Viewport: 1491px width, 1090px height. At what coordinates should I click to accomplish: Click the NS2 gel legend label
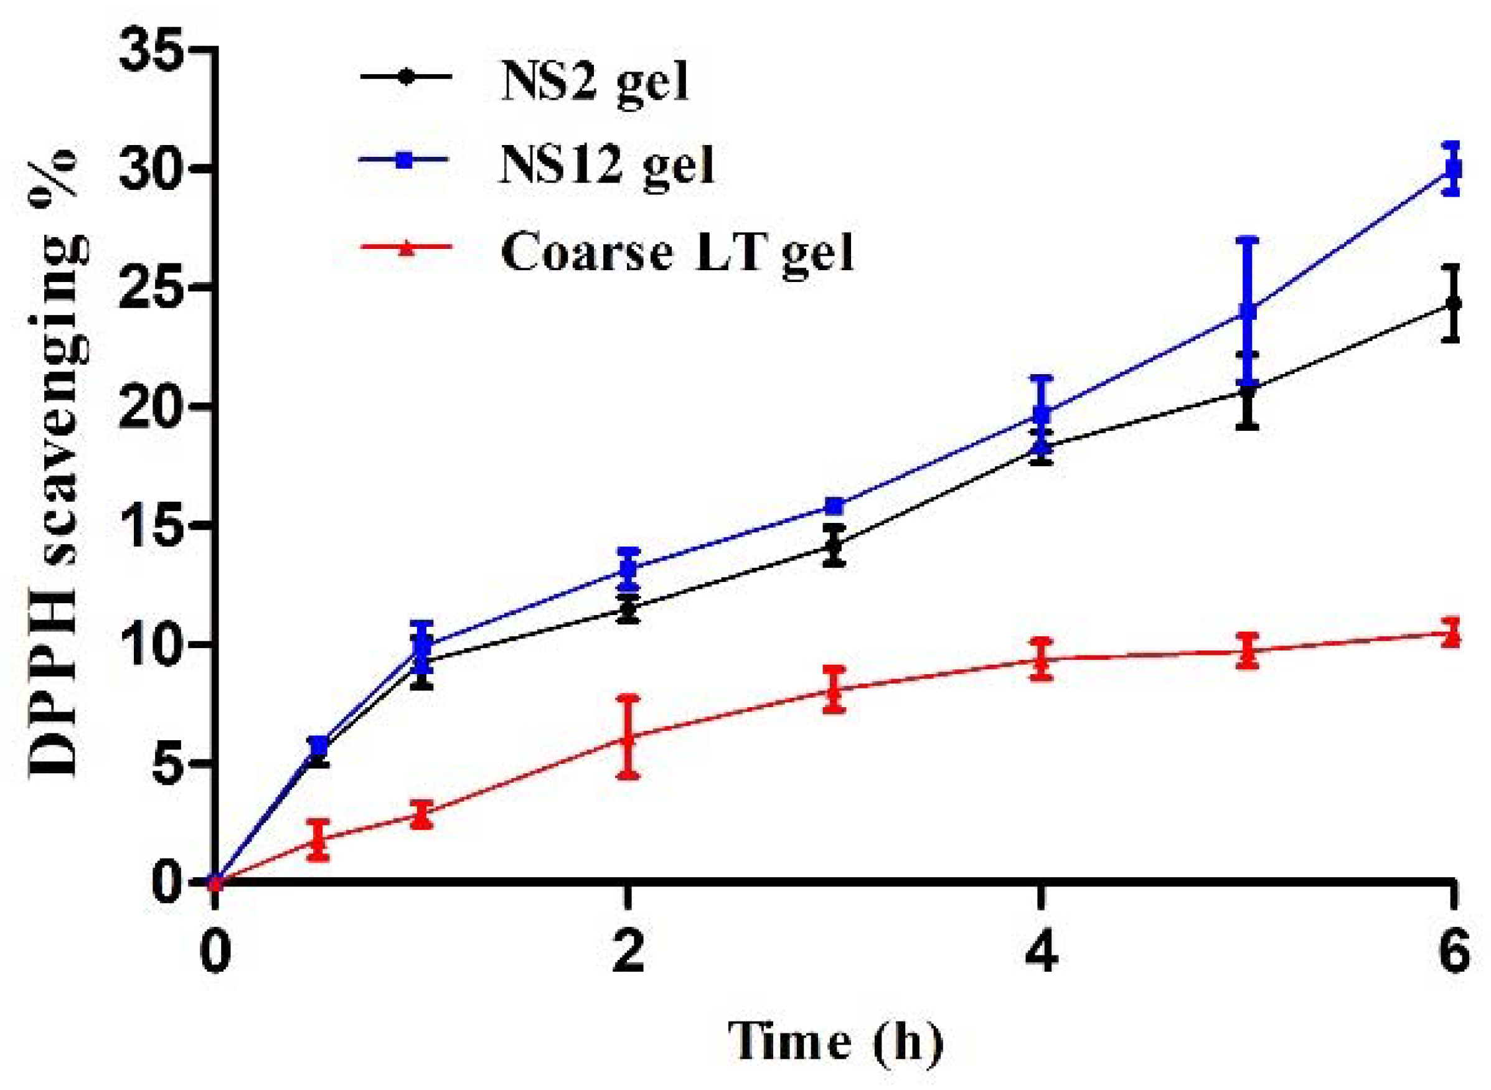tap(594, 85)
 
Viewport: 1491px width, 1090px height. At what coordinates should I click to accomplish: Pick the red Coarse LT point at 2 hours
tap(629, 738)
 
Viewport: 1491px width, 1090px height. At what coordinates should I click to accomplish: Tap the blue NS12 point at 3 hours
tap(835, 506)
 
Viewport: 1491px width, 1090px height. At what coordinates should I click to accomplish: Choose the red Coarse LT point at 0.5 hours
tap(319, 839)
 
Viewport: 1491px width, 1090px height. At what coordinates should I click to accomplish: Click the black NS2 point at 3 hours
tap(835, 545)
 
